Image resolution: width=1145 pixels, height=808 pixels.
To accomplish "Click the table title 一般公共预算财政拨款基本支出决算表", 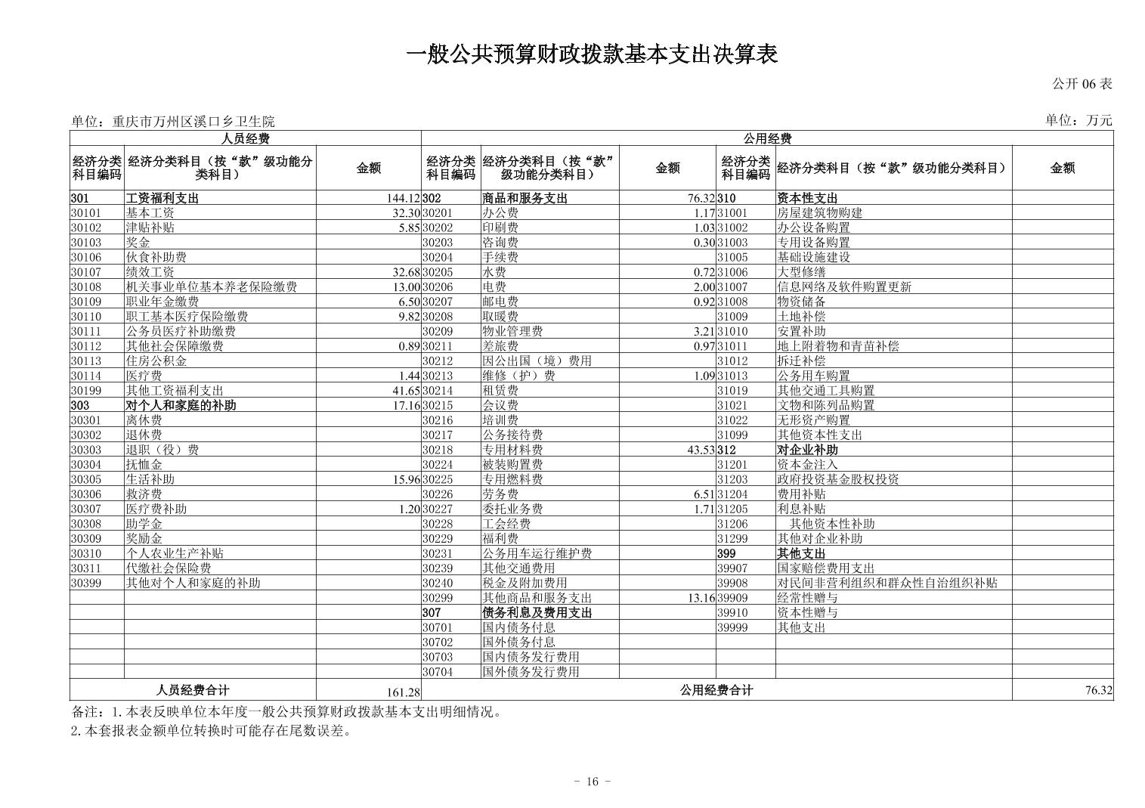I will (592, 54).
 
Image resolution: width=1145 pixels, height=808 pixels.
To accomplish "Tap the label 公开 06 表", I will (1082, 84).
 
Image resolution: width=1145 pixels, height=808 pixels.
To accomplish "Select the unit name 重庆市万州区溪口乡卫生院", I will (193, 121).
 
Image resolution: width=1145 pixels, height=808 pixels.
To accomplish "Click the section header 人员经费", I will (245, 138).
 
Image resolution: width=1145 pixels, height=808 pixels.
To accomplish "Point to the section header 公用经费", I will (766, 138).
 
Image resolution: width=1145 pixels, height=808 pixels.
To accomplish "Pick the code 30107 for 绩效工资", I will (85, 272).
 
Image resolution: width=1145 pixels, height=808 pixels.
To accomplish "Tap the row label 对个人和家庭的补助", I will (181, 405).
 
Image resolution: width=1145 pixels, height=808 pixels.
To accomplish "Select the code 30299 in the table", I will (438, 598).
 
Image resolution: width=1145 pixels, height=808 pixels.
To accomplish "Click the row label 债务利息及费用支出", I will (537, 613).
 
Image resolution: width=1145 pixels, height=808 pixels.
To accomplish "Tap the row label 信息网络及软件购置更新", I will (844, 287).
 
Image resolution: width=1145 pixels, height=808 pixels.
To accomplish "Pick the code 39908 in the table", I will (732, 583).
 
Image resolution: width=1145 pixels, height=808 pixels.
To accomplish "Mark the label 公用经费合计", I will (716, 690).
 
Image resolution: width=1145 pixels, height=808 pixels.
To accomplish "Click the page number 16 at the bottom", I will (592, 782).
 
